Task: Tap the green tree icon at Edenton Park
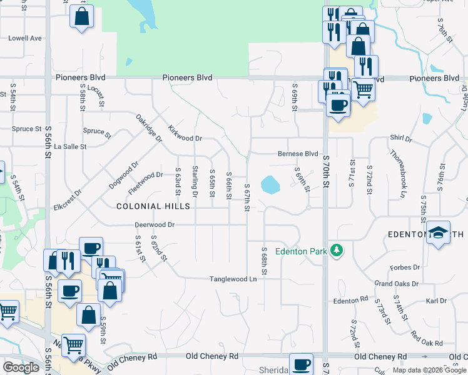click(337, 250)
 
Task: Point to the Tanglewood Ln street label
click(233, 279)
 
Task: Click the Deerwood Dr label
click(154, 224)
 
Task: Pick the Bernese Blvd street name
click(298, 154)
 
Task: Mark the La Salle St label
click(70, 146)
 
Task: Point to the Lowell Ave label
click(25, 38)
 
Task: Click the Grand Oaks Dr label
click(397, 284)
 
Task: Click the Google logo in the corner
click(21, 367)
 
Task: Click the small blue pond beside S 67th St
click(270, 184)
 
